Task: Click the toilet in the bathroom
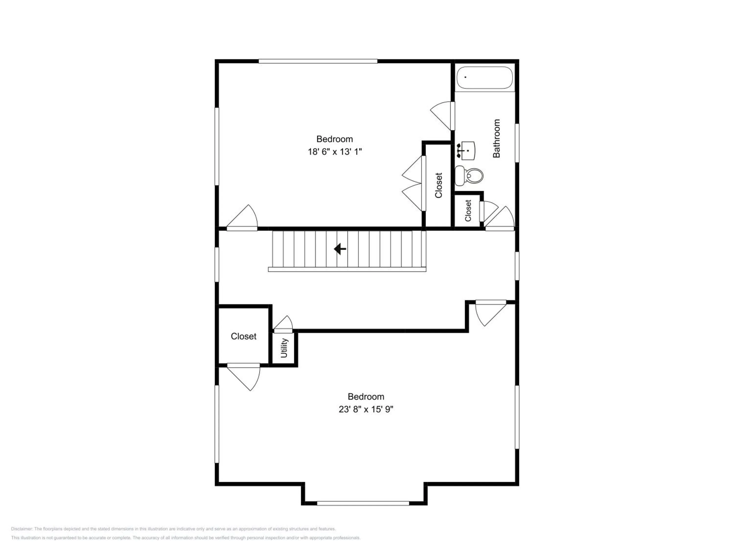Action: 469,176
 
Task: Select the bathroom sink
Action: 466,151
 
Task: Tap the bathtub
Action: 485,78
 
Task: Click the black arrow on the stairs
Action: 340,249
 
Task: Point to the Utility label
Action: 284,348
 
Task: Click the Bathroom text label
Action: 496,139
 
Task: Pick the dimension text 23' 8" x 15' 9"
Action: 366,409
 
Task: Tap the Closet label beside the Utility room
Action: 243,336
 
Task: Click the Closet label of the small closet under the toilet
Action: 468,211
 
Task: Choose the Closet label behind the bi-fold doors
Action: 439,185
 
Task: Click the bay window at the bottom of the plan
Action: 363,503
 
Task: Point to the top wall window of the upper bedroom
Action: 318,61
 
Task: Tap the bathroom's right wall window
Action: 517,143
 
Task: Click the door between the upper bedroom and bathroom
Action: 443,116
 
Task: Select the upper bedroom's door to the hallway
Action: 242,218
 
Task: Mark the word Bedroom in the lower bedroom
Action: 366,396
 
